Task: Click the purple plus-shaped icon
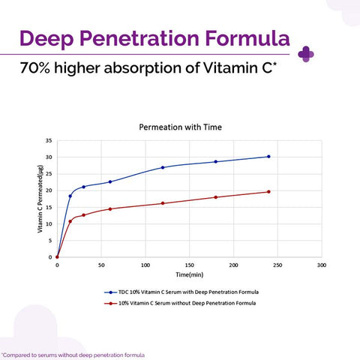point(305,53)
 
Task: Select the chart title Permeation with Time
point(180,127)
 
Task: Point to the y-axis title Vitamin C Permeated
point(39,199)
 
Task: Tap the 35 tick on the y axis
point(48,141)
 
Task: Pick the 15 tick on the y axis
point(48,207)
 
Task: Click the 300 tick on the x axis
point(322,265)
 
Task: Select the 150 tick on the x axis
point(190,265)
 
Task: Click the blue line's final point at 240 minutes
point(268,157)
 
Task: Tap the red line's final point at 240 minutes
point(268,192)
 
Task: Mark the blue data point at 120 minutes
point(163,167)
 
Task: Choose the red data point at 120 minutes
point(163,203)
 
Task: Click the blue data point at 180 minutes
point(216,162)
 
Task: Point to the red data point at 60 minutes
point(110,208)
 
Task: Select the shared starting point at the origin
point(57,257)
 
